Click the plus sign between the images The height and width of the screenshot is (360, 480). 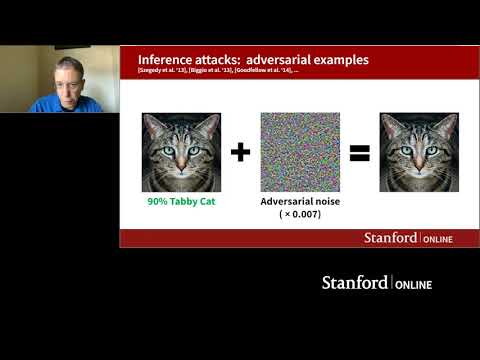coord(240,153)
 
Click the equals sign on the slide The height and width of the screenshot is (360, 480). coord(359,153)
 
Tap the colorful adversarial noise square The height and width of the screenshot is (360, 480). coord(300,152)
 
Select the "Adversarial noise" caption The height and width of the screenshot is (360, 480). coord(300,201)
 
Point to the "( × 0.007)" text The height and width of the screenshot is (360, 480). coord(300,214)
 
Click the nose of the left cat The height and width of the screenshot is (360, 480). coord(181,164)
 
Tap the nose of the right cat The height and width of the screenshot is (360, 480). coord(419,164)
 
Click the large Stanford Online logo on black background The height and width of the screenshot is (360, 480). coord(376,283)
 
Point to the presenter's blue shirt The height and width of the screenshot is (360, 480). coord(60,106)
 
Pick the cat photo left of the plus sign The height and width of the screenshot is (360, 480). coord(181,152)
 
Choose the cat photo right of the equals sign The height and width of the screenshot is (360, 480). coord(419,152)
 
